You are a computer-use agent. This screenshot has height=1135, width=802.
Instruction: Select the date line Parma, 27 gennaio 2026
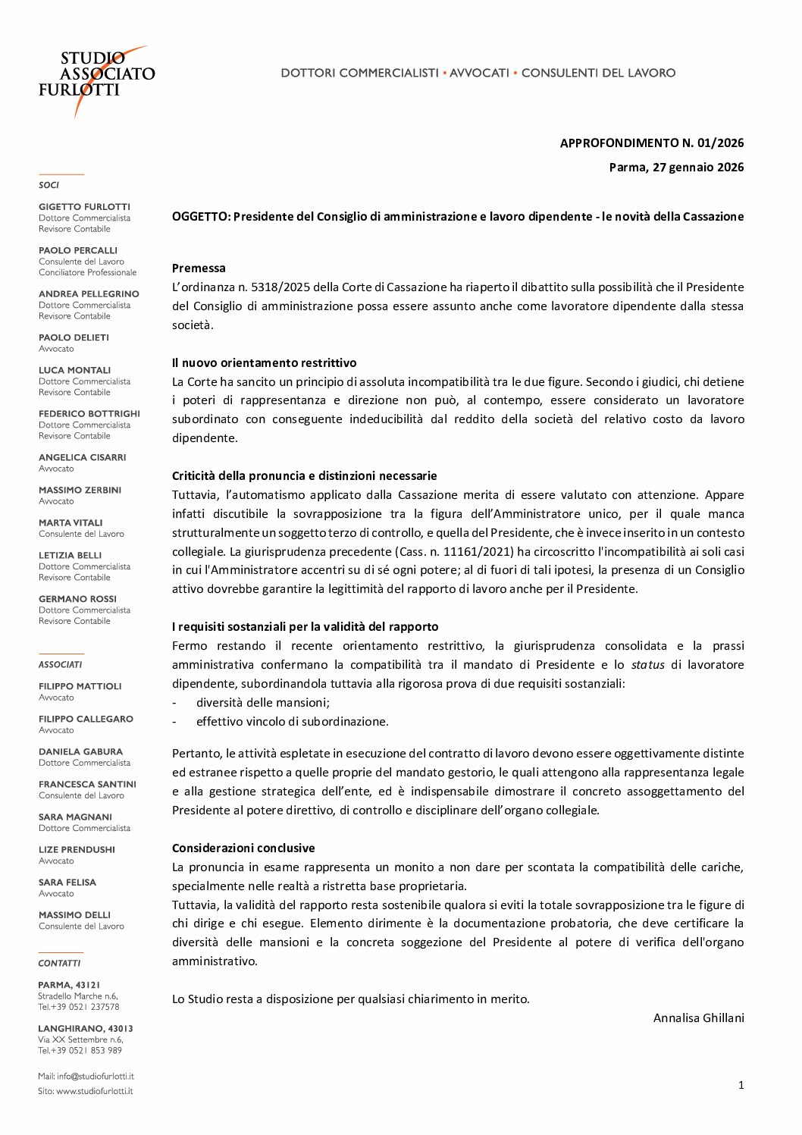(x=676, y=167)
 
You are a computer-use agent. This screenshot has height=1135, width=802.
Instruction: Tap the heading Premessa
(x=199, y=268)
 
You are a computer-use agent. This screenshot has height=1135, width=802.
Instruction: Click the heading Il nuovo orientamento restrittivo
(x=264, y=362)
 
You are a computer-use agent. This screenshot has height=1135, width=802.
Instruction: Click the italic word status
(x=647, y=664)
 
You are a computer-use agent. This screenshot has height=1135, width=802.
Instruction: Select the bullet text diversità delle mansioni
(x=262, y=702)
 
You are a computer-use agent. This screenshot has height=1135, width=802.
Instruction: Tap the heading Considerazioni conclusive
(x=243, y=848)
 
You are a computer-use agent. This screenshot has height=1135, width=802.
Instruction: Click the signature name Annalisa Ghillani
(x=698, y=1017)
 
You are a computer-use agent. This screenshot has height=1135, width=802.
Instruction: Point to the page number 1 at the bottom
(x=741, y=1085)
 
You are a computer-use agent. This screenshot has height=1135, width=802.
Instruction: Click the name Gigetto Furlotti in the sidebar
(x=84, y=206)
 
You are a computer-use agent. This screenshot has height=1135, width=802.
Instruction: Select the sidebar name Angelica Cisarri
(x=82, y=457)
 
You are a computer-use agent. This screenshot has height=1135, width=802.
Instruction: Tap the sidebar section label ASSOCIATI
(x=60, y=664)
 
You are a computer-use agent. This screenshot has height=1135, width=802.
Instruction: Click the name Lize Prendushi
(x=77, y=849)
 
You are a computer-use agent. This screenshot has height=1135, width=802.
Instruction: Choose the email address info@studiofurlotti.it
(x=95, y=1076)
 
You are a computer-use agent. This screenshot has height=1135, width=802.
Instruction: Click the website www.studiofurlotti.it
(x=94, y=1091)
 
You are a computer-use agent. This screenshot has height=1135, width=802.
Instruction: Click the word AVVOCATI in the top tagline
(x=479, y=73)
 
